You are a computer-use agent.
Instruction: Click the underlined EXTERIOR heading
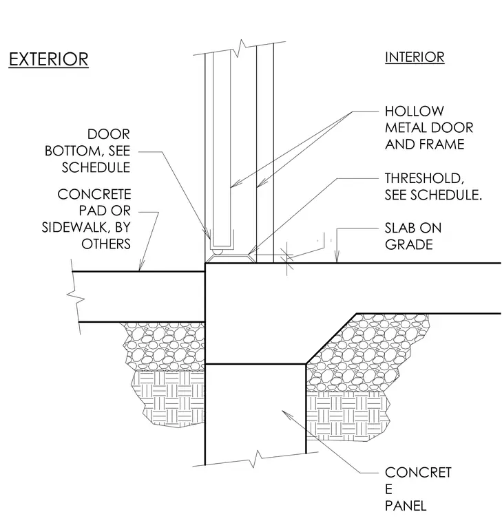48,60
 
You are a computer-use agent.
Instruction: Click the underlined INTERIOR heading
415,57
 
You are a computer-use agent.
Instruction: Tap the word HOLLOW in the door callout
415,111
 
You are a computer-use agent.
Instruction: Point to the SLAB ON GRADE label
413,236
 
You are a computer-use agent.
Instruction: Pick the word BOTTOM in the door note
72,151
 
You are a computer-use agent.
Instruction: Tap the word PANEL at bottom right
406,506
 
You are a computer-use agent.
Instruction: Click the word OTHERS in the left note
106,244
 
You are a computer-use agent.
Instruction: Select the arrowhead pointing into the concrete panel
287,415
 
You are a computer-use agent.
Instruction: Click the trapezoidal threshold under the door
230,259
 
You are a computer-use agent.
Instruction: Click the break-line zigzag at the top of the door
240,48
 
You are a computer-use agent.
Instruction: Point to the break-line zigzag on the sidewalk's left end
76,297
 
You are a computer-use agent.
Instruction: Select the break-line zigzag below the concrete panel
255,459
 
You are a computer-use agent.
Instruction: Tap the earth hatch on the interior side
347,416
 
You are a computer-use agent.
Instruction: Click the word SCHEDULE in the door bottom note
96,167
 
